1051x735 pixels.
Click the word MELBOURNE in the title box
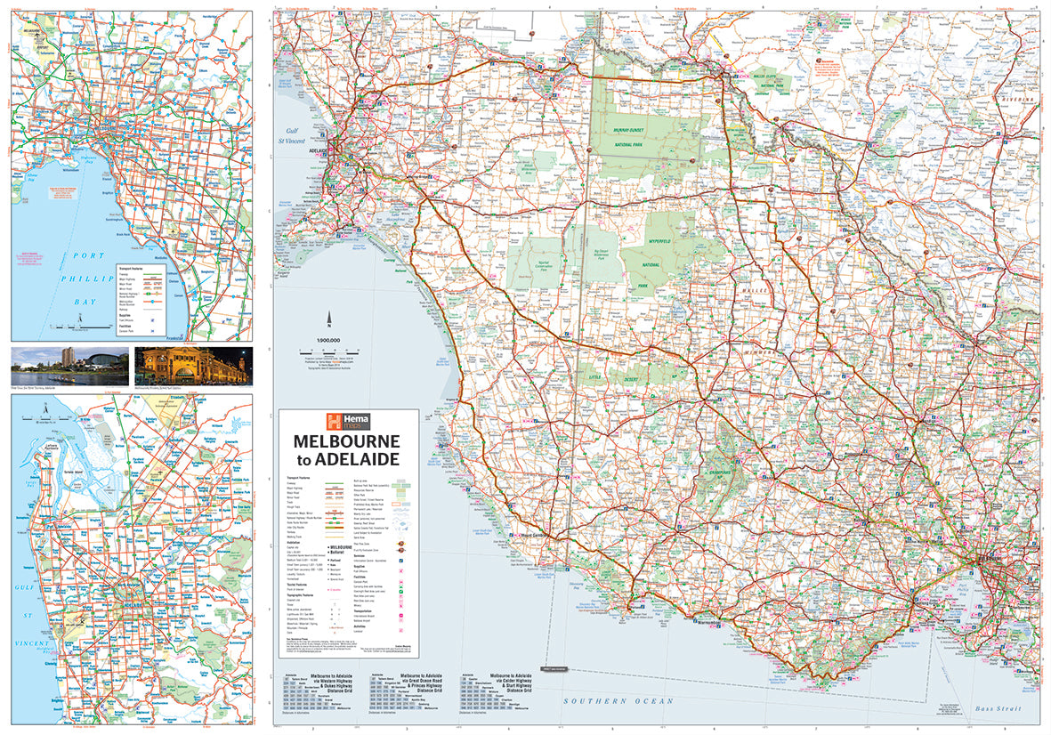tap(348, 441)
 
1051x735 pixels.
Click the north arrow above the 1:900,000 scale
tap(329, 321)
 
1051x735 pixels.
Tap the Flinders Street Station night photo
tap(193, 366)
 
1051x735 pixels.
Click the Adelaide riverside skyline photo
tap(69, 366)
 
